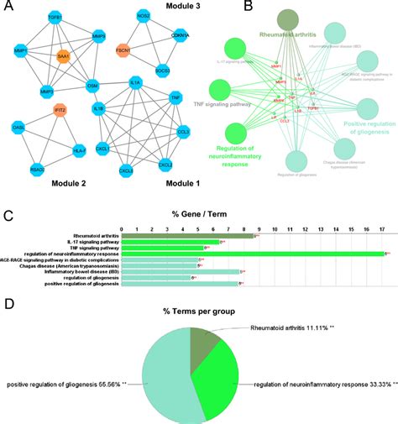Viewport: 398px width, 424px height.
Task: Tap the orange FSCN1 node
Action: [x=123, y=51]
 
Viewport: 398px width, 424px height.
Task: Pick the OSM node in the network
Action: [x=93, y=86]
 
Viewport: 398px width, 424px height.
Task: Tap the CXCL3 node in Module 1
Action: [x=125, y=170]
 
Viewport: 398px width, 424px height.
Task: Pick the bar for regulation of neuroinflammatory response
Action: [x=253, y=253]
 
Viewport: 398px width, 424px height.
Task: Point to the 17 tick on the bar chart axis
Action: [x=383, y=228]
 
